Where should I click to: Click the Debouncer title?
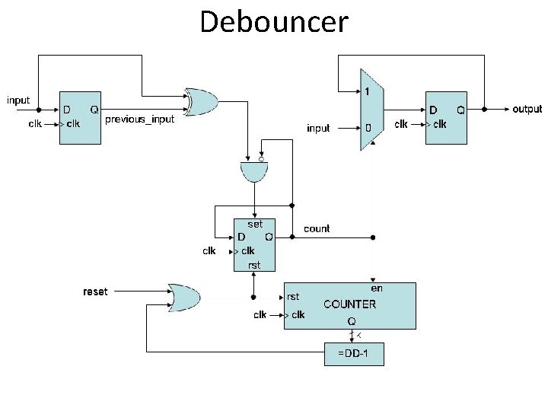(273, 22)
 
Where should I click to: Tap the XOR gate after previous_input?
(202, 101)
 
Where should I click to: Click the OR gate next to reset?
(183, 296)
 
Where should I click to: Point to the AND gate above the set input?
(253, 173)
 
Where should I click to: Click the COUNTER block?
(349, 305)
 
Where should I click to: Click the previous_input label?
(139, 120)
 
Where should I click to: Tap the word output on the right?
(527, 109)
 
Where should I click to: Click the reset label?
(95, 292)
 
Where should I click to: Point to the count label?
(317, 228)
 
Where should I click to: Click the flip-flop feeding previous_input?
(80, 118)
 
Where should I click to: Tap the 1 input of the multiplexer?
(367, 91)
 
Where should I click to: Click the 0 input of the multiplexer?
(368, 128)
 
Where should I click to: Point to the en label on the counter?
(376, 288)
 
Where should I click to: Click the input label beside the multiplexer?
(318, 128)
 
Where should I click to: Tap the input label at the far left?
(18, 100)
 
